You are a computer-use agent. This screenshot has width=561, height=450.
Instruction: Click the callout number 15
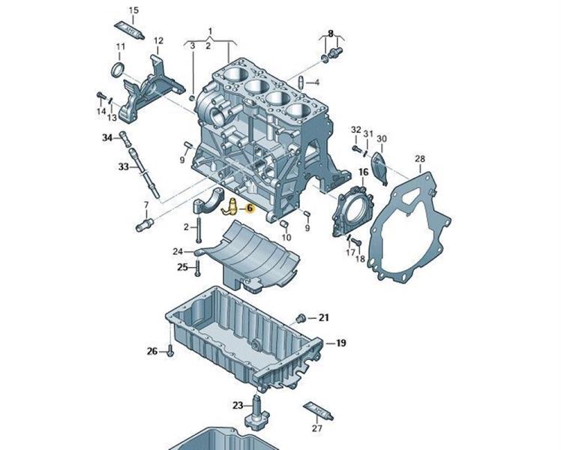[134, 10]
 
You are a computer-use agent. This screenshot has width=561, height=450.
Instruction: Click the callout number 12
[158, 40]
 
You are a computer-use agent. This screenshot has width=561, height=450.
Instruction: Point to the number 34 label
[107, 137]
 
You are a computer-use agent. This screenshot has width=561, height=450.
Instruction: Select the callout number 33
[123, 167]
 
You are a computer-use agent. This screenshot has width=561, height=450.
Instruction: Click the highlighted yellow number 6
[250, 212]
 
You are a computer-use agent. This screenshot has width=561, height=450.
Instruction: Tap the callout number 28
[420, 158]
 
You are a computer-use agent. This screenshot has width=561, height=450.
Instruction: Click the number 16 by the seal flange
[363, 172]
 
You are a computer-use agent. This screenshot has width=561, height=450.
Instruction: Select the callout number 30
[381, 139]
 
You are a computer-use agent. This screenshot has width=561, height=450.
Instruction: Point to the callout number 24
[178, 251]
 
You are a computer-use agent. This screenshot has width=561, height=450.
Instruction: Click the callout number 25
[182, 267]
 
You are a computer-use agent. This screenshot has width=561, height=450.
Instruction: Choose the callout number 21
[324, 317]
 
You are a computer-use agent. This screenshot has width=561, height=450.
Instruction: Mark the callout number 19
[340, 343]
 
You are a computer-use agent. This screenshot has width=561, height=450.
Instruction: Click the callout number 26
[152, 350]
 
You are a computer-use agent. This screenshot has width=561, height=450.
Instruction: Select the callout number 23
[238, 406]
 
